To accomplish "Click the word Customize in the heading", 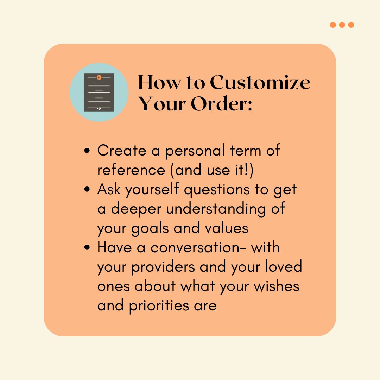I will (x=260, y=82).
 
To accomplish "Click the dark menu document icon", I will (x=99, y=92).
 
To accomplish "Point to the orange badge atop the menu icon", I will (x=99, y=77).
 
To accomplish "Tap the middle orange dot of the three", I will (x=342, y=25).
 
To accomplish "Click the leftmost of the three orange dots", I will (x=333, y=25).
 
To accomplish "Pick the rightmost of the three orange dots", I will (x=351, y=25).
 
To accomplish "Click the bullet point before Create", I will (x=88, y=151).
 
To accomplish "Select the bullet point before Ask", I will (x=88, y=190).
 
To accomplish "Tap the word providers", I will (x=163, y=267).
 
